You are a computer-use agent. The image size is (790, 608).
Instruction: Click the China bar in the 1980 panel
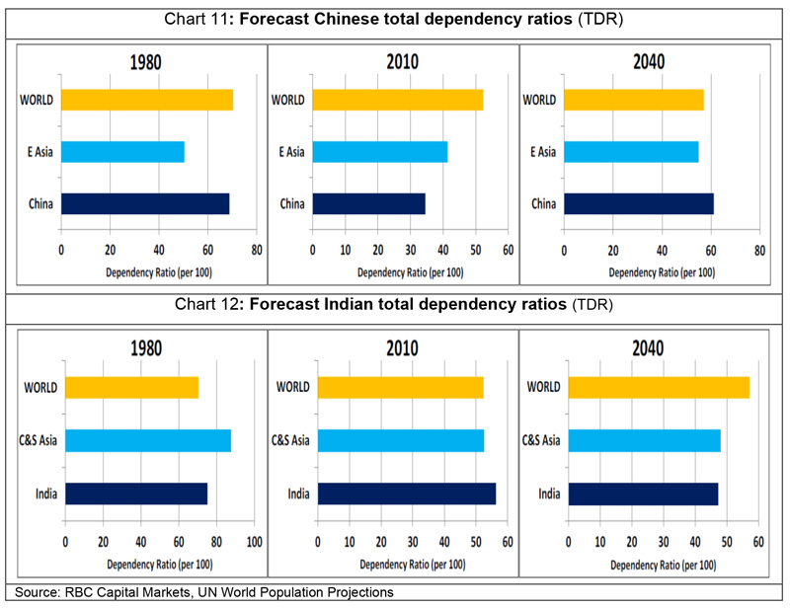point(145,203)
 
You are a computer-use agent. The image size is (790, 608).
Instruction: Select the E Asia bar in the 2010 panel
point(380,152)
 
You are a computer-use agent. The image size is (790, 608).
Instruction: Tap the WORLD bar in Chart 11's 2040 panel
point(634,100)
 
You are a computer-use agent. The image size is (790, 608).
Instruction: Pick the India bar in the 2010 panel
point(407,494)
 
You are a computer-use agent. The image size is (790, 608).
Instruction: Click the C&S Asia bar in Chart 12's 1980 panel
point(148,441)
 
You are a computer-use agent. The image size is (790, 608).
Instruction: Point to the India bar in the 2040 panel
point(644,494)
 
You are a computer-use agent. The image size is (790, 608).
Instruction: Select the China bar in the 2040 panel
point(639,203)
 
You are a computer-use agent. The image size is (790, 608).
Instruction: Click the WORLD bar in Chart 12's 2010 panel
point(401,387)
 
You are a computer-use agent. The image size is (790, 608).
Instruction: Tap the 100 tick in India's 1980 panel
point(255,542)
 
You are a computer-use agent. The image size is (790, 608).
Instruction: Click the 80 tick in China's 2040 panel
point(759,251)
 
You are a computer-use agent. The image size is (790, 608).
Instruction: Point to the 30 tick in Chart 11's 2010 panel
point(411,250)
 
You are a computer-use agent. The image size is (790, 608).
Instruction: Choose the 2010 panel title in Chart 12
point(402,348)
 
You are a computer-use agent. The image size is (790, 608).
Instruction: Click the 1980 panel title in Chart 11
point(145,63)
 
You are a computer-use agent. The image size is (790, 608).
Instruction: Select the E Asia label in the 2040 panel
point(543,152)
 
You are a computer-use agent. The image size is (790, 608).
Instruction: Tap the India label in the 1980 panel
point(46,494)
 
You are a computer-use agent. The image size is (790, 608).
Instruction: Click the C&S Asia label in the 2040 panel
point(541,440)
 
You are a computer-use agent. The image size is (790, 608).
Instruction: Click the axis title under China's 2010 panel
point(411,272)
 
